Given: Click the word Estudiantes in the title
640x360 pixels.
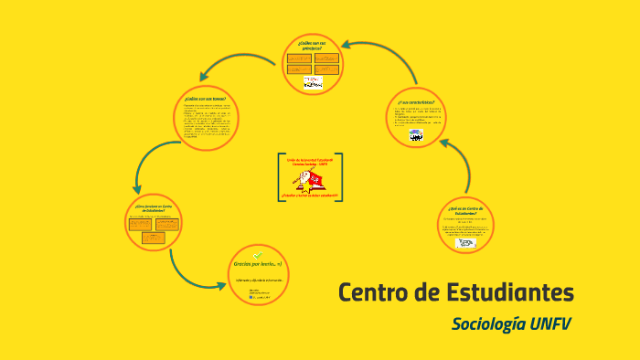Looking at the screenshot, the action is [x=504, y=293].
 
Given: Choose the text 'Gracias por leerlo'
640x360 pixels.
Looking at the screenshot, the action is [x=257, y=265].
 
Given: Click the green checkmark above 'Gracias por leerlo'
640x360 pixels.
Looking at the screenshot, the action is [x=258, y=254].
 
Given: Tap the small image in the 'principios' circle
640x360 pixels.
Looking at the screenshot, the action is [x=313, y=82].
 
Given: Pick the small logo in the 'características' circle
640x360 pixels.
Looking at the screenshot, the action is [x=416, y=136].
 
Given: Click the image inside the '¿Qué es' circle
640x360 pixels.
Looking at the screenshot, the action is [x=467, y=242].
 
